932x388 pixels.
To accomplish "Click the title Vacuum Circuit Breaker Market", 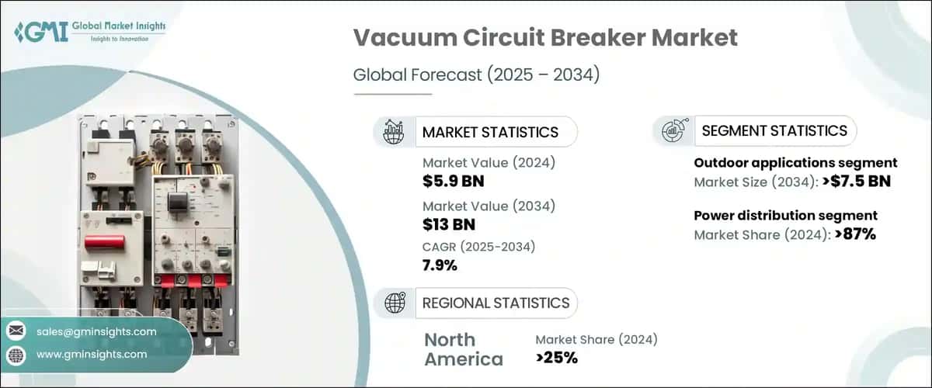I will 545,38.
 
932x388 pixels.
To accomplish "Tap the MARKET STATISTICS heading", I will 489,132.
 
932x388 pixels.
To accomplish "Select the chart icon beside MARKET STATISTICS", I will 394,132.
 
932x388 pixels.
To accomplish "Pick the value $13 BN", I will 449,224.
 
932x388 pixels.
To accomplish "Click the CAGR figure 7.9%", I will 440,265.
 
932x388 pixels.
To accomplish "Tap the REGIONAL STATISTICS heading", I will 496,303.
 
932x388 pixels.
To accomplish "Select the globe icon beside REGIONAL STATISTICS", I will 394,303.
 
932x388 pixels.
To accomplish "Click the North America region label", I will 463,349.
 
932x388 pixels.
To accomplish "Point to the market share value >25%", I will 556,357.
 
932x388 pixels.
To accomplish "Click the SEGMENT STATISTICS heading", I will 774,131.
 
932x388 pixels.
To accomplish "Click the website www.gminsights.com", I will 92,355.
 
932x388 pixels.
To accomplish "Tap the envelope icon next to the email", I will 16,331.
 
